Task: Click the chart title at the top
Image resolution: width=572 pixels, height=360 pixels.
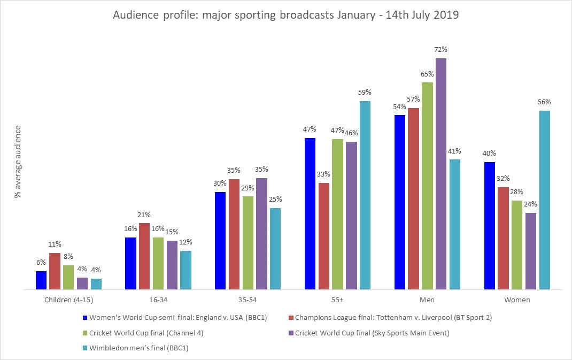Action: click(285, 15)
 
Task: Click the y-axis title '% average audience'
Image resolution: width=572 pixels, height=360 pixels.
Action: click(18, 162)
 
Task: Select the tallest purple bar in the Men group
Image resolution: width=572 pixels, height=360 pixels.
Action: click(440, 174)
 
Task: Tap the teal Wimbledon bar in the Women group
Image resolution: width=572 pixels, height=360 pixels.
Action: click(544, 200)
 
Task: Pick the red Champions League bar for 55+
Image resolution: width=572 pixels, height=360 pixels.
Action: click(323, 236)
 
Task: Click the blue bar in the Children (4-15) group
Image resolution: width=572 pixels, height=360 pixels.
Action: click(41, 280)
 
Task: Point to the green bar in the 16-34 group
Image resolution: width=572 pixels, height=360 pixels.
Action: click(158, 263)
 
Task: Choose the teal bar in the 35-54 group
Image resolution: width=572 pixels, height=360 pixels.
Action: click(275, 249)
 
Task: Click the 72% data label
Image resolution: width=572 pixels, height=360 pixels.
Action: click(440, 50)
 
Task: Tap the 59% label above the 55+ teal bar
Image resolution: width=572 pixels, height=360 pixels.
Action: click(365, 92)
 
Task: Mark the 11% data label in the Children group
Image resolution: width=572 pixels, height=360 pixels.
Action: click(55, 244)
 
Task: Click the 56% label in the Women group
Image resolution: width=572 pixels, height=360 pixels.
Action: click(544, 102)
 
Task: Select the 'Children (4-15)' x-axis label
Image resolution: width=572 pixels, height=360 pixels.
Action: click(68, 300)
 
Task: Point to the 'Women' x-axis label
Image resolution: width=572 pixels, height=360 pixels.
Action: click(517, 300)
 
